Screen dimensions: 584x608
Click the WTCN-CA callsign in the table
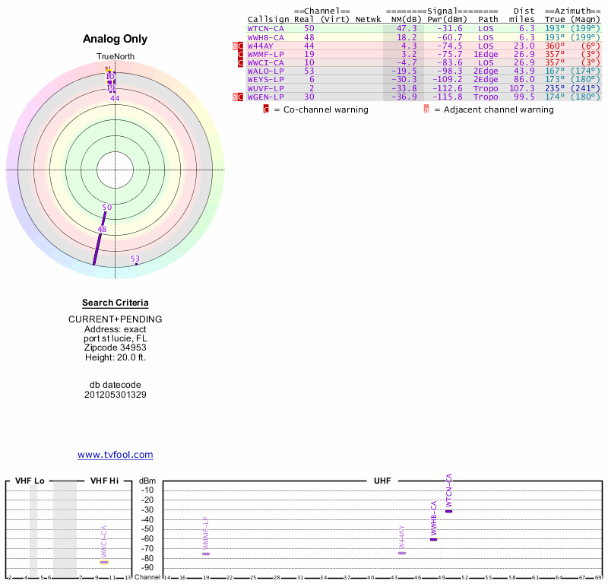265,28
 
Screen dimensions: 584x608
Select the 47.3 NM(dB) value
407,28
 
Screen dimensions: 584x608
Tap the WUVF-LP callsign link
265,87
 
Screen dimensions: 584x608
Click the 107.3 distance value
521,87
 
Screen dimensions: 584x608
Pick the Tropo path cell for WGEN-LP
486,97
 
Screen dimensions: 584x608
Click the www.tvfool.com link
116,455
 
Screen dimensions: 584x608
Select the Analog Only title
116,39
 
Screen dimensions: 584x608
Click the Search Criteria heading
116,303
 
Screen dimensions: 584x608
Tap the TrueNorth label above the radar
115,57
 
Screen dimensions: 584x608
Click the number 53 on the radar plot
135,259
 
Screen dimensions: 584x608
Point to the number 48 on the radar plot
102,229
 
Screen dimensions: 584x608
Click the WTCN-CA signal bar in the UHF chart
448,511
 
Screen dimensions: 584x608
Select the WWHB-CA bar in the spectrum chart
433,539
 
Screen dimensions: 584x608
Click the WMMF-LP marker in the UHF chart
206,554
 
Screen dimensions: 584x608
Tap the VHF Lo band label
30,481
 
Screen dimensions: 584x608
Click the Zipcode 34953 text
116,348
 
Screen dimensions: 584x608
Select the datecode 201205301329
116,395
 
